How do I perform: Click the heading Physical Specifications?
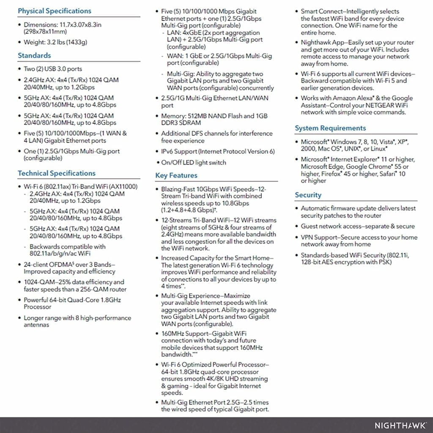pyautogui.click(x=54, y=11)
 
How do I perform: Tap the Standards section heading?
pyautogui.click(x=34, y=55)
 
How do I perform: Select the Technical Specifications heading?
pyautogui.click(x=57, y=173)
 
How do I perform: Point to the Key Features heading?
pyautogui.click(x=176, y=175)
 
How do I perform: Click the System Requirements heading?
pyautogui.click(x=330, y=128)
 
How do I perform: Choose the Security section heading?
pyautogui.click(x=308, y=195)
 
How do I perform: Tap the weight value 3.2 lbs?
pyautogui.click(x=53, y=42)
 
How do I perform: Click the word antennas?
pyautogui.click(x=36, y=325)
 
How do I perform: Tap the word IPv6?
pyautogui.click(x=167, y=151)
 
